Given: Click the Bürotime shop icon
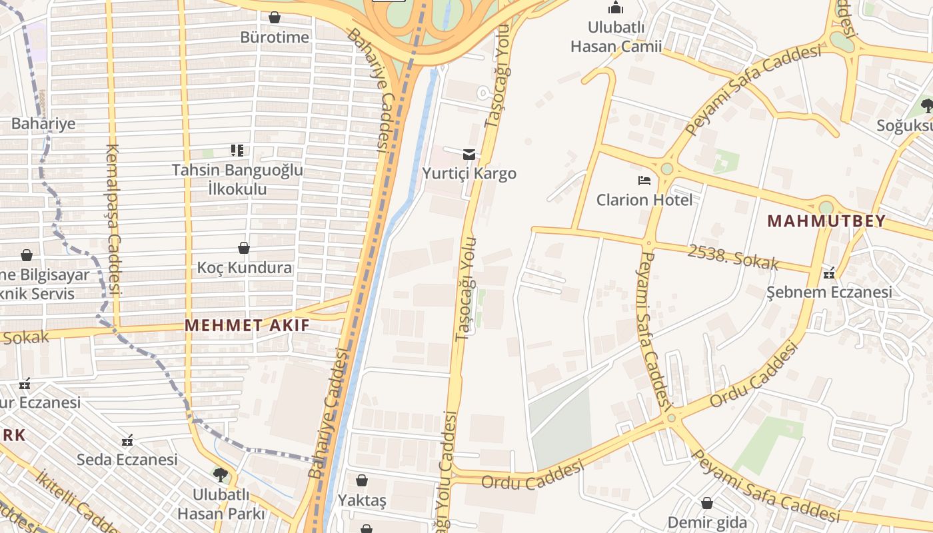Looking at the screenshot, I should [x=274, y=17].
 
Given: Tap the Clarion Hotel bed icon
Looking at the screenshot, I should [x=644, y=180].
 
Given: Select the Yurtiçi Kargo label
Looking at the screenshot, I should [x=469, y=174].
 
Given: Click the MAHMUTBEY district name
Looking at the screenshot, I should [x=826, y=221].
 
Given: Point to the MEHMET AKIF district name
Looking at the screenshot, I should [x=247, y=326].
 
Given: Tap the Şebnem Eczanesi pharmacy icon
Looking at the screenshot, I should [x=829, y=272].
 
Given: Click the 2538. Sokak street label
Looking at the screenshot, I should [x=732, y=257].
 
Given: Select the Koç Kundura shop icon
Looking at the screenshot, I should [x=244, y=248].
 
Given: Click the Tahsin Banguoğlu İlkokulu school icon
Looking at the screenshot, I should [x=237, y=151].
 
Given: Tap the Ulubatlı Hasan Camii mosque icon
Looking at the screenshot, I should [x=616, y=8].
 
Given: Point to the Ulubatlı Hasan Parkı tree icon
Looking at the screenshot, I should [x=220, y=474].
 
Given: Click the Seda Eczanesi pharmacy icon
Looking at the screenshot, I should [x=127, y=440].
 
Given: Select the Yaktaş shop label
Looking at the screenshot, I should [x=362, y=500].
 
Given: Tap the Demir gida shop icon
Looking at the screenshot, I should [x=707, y=503].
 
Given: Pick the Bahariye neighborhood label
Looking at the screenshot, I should [x=43, y=123].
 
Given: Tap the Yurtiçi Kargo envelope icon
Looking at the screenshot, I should [x=469, y=155].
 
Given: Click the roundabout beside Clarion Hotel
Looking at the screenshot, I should [x=666, y=169].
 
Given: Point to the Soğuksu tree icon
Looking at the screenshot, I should [x=926, y=105].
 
